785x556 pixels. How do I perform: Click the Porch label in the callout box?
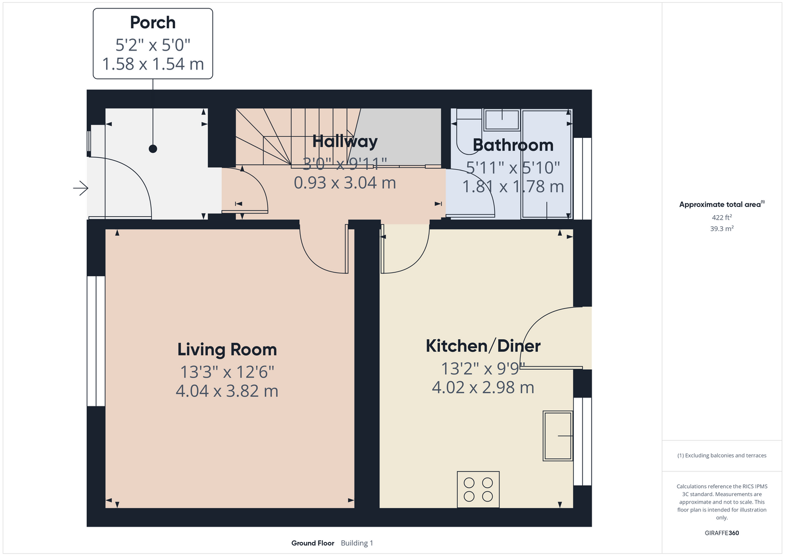click(153, 22)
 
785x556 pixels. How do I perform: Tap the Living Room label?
click(227, 349)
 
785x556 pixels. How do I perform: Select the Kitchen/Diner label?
click(483, 346)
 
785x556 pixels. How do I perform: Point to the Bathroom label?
click(513, 145)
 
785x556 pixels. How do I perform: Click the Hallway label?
click(345, 141)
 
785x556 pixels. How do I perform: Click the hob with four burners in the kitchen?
click(478, 489)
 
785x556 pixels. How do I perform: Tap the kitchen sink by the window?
click(558, 436)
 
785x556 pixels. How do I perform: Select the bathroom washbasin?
click(502, 120)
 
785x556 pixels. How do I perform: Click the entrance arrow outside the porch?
click(81, 188)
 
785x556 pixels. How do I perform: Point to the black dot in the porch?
click(153, 149)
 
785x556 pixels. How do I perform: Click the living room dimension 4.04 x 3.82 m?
click(227, 391)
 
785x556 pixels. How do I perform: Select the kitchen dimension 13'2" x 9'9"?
click(483, 369)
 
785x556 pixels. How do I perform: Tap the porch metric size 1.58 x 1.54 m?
click(153, 64)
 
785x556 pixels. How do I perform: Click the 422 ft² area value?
click(722, 217)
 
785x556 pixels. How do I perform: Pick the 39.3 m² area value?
click(722, 229)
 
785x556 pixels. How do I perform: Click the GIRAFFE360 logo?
click(722, 533)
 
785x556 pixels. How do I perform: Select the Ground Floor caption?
click(313, 543)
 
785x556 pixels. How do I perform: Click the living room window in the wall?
click(96, 341)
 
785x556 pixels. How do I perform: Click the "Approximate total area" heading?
click(722, 204)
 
